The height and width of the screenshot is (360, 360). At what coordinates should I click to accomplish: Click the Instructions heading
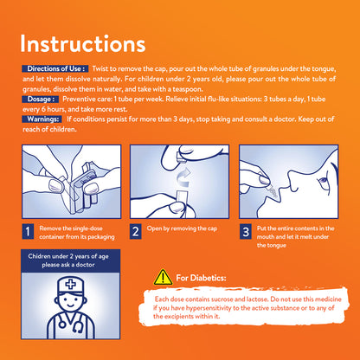(x=83, y=44)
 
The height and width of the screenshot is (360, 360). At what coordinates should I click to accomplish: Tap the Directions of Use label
(x=55, y=68)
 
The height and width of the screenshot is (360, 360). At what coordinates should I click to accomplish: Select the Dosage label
(x=41, y=99)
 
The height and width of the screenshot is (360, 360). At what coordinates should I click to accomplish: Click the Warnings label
(x=42, y=119)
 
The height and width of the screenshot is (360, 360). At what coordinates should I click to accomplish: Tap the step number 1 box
(x=28, y=231)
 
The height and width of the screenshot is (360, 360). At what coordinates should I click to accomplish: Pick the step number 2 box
(x=136, y=231)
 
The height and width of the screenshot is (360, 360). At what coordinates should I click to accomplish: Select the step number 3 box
(x=246, y=231)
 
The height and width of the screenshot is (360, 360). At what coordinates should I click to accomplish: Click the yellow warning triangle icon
(x=163, y=278)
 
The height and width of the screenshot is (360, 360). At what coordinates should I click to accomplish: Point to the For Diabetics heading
(x=201, y=278)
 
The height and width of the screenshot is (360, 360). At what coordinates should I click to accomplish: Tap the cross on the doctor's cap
(x=70, y=285)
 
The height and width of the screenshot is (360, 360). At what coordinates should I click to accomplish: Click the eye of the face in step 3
(x=322, y=183)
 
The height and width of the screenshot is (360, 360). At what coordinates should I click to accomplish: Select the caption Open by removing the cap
(x=182, y=228)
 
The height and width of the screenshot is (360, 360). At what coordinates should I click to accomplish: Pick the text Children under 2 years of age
(x=68, y=256)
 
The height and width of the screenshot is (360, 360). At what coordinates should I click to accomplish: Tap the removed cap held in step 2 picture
(x=180, y=157)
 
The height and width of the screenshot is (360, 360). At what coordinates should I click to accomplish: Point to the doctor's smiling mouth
(x=70, y=305)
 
